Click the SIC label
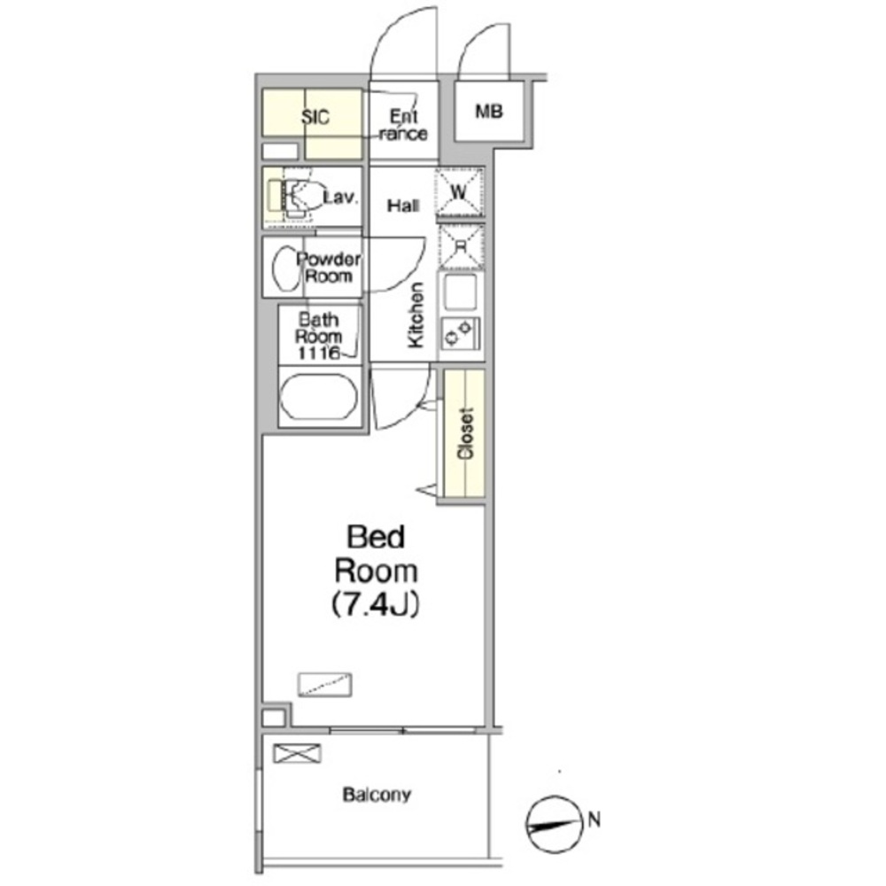click(x=315, y=117)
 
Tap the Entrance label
click(x=403, y=125)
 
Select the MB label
click(x=489, y=112)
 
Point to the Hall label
click(x=403, y=206)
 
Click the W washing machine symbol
click(x=459, y=192)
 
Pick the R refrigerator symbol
click(x=461, y=246)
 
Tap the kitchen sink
click(x=460, y=291)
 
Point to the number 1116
click(x=319, y=354)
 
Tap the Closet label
click(x=466, y=433)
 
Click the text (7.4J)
click(x=376, y=604)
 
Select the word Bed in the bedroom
click(x=376, y=537)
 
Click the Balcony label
click(x=377, y=795)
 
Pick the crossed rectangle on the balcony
click(x=297, y=753)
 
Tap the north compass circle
click(x=555, y=825)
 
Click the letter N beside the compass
click(x=595, y=819)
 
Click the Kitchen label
click(x=416, y=315)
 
